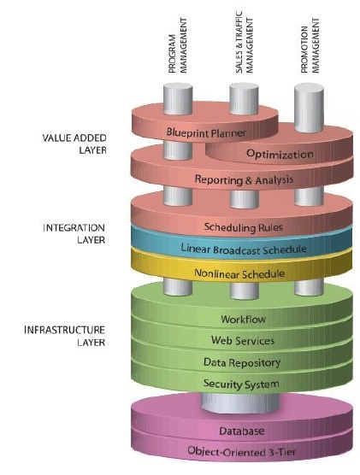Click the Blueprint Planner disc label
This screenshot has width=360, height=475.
(x=206, y=132)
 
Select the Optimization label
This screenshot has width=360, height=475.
(x=280, y=154)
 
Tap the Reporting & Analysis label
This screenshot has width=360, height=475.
(x=244, y=179)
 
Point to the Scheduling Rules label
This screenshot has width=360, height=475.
(x=243, y=227)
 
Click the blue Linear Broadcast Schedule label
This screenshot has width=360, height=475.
(x=244, y=249)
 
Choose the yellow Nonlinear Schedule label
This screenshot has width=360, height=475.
(x=239, y=273)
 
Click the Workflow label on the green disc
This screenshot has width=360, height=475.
(x=243, y=319)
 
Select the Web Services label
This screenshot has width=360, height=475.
(x=243, y=341)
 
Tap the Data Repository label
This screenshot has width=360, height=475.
(x=242, y=362)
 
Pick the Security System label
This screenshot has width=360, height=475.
(x=241, y=384)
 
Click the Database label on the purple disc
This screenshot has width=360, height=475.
(x=242, y=431)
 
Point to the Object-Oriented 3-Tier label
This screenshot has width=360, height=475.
(x=241, y=452)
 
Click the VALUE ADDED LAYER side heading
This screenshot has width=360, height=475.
(x=74, y=144)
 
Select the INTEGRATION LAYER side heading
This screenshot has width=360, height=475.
(x=74, y=234)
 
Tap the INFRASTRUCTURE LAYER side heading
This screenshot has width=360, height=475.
(x=65, y=337)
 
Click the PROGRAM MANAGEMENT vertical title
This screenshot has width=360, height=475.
(x=178, y=45)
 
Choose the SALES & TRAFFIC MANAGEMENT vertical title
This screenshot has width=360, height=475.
(x=245, y=42)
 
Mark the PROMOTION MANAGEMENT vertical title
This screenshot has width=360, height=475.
(x=310, y=45)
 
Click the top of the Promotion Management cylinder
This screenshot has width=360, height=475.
(x=309, y=88)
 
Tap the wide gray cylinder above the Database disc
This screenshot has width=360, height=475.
(x=240, y=402)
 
